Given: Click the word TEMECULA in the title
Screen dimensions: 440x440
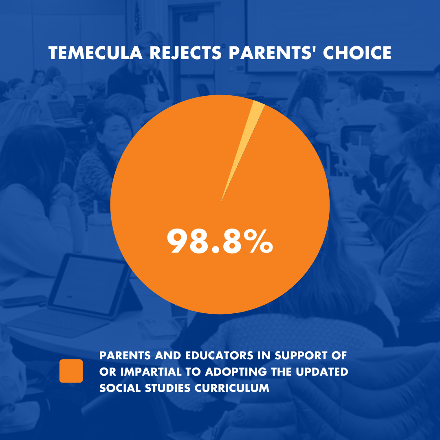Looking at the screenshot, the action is [95, 53].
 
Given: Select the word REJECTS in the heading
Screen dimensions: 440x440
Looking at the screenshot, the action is [186, 53].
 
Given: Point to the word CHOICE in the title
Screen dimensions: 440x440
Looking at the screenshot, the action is [357, 53].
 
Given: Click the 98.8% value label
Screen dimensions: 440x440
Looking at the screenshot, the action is [220, 241].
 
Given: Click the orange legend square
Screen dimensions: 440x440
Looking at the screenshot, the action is [71, 371].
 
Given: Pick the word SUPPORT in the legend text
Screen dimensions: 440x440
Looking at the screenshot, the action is [301, 356].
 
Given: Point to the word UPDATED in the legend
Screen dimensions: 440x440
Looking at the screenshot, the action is [322, 372].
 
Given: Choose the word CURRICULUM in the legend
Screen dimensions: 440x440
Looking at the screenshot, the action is [232, 388].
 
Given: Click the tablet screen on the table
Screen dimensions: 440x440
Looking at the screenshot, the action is [89, 285].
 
